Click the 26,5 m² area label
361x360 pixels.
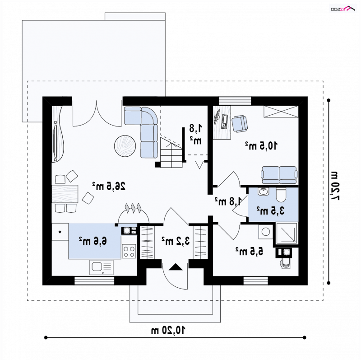point(109,186)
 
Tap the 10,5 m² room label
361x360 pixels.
point(261,145)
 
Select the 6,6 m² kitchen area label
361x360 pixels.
point(93,241)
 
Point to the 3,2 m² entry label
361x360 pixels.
point(176,241)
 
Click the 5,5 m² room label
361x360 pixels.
point(249,251)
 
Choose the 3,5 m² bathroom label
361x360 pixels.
point(270,210)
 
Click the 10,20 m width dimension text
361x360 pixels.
point(168,330)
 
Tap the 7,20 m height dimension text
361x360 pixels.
point(334,186)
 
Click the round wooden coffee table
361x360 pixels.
point(125,146)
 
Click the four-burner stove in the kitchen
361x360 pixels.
point(129,251)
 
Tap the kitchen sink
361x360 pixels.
point(101,267)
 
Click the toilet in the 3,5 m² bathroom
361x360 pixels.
point(281,195)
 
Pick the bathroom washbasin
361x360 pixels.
point(263,192)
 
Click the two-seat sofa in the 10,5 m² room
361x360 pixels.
point(279,175)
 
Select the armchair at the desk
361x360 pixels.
point(240,124)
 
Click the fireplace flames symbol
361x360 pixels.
point(133,207)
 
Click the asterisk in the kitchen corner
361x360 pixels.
point(60,232)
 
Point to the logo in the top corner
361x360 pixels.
point(343,9)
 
